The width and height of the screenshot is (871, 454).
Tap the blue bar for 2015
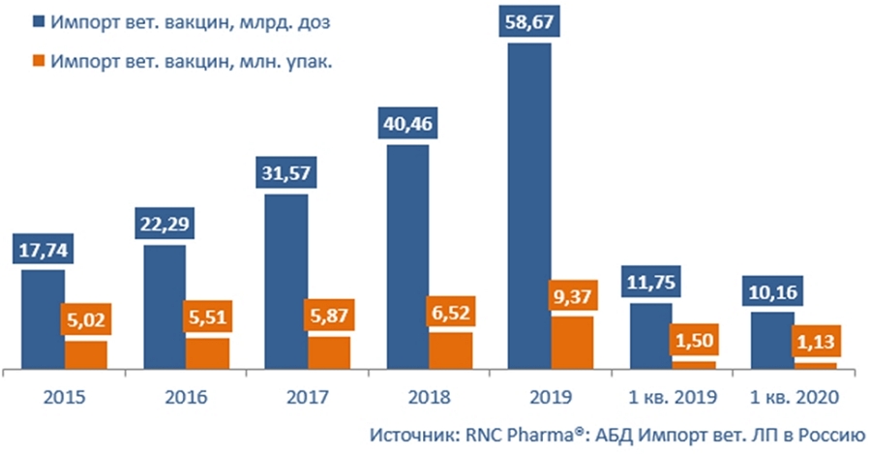click(x=43, y=318)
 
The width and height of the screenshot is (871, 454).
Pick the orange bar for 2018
click(x=451, y=349)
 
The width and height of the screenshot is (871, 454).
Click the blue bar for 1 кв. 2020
click(x=771, y=340)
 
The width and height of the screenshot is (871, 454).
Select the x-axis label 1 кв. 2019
click(x=673, y=397)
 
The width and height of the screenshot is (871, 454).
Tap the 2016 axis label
click(x=186, y=397)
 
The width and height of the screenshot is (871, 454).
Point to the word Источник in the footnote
click(x=407, y=433)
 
